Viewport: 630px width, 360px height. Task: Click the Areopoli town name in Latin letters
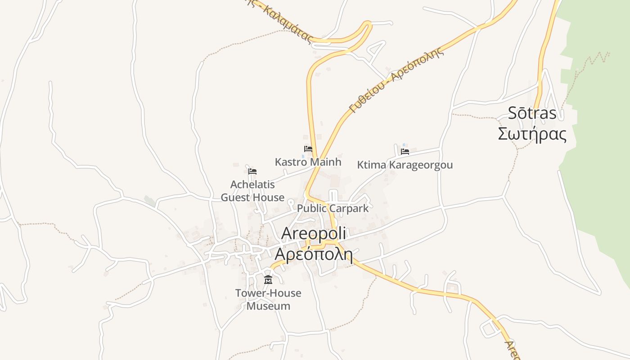(x=314, y=234)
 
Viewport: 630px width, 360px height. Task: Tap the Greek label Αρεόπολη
(x=313, y=254)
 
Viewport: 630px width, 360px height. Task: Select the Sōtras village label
(x=532, y=113)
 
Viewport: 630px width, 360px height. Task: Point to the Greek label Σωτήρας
(x=532, y=134)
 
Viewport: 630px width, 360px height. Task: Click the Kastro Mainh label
(x=308, y=162)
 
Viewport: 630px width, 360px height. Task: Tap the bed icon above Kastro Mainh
(x=308, y=148)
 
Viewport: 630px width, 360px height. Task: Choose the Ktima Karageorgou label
(x=405, y=165)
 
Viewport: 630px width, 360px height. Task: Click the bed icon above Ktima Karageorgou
(x=405, y=152)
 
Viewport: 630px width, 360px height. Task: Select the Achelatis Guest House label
(x=252, y=191)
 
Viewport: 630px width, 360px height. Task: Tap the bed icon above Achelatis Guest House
(x=252, y=171)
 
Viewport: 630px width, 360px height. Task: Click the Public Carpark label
(x=333, y=209)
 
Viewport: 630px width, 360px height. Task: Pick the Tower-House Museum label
(x=268, y=300)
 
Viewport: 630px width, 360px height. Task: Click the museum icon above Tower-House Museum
(x=268, y=280)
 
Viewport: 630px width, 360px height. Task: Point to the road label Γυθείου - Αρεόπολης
(x=396, y=79)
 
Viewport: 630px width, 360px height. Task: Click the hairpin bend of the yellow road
(x=368, y=25)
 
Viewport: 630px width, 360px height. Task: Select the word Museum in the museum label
(x=268, y=306)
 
